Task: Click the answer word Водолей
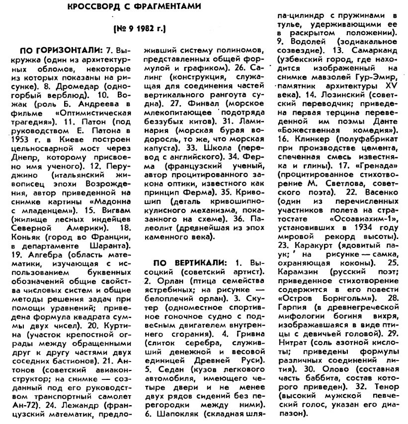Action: pos(303,41)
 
